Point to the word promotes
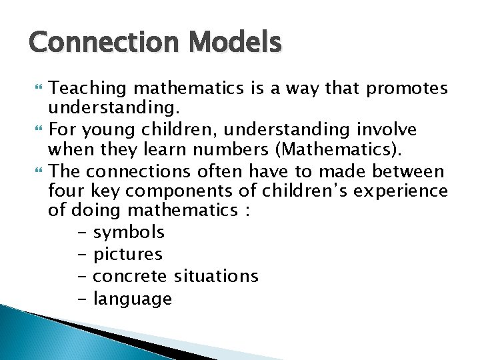(x=407, y=88)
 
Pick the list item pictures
(x=127, y=254)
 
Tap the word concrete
(x=131, y=276)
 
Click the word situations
(x=216, y=276)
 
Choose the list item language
(x=133, y=299)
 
